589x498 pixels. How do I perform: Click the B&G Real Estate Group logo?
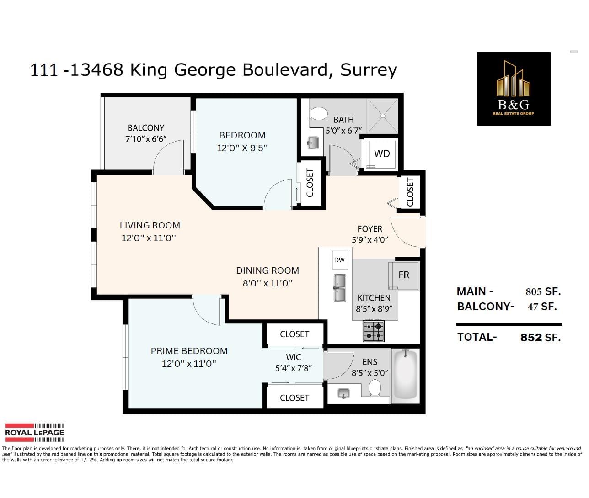click(514, 89)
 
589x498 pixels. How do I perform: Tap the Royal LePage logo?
click(34, 433)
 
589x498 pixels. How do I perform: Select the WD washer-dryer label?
click(382, 154)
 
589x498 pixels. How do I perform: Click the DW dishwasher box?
click(340, 260)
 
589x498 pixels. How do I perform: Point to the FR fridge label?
click(404, 275)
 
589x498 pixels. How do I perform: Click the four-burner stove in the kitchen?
click(374, 331)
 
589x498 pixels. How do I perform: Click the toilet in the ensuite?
click(375, 388)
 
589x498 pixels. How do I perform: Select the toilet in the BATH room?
click(319, 114)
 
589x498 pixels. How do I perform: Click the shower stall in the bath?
click(383, 116)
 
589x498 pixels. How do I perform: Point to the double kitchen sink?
click(339, 288)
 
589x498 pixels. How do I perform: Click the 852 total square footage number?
click(531, 338)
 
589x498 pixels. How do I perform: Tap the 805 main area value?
click(534, 291)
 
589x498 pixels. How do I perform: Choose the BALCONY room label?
click(146, 128)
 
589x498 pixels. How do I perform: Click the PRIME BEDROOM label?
click(189, 351)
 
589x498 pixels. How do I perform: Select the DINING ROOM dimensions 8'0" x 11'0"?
click(268, 283)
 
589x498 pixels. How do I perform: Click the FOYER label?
click(370, 229)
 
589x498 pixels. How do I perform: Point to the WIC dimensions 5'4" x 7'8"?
click(294, 368)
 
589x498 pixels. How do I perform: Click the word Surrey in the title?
click(369, 70)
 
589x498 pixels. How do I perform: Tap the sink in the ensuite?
click(343, 394)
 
